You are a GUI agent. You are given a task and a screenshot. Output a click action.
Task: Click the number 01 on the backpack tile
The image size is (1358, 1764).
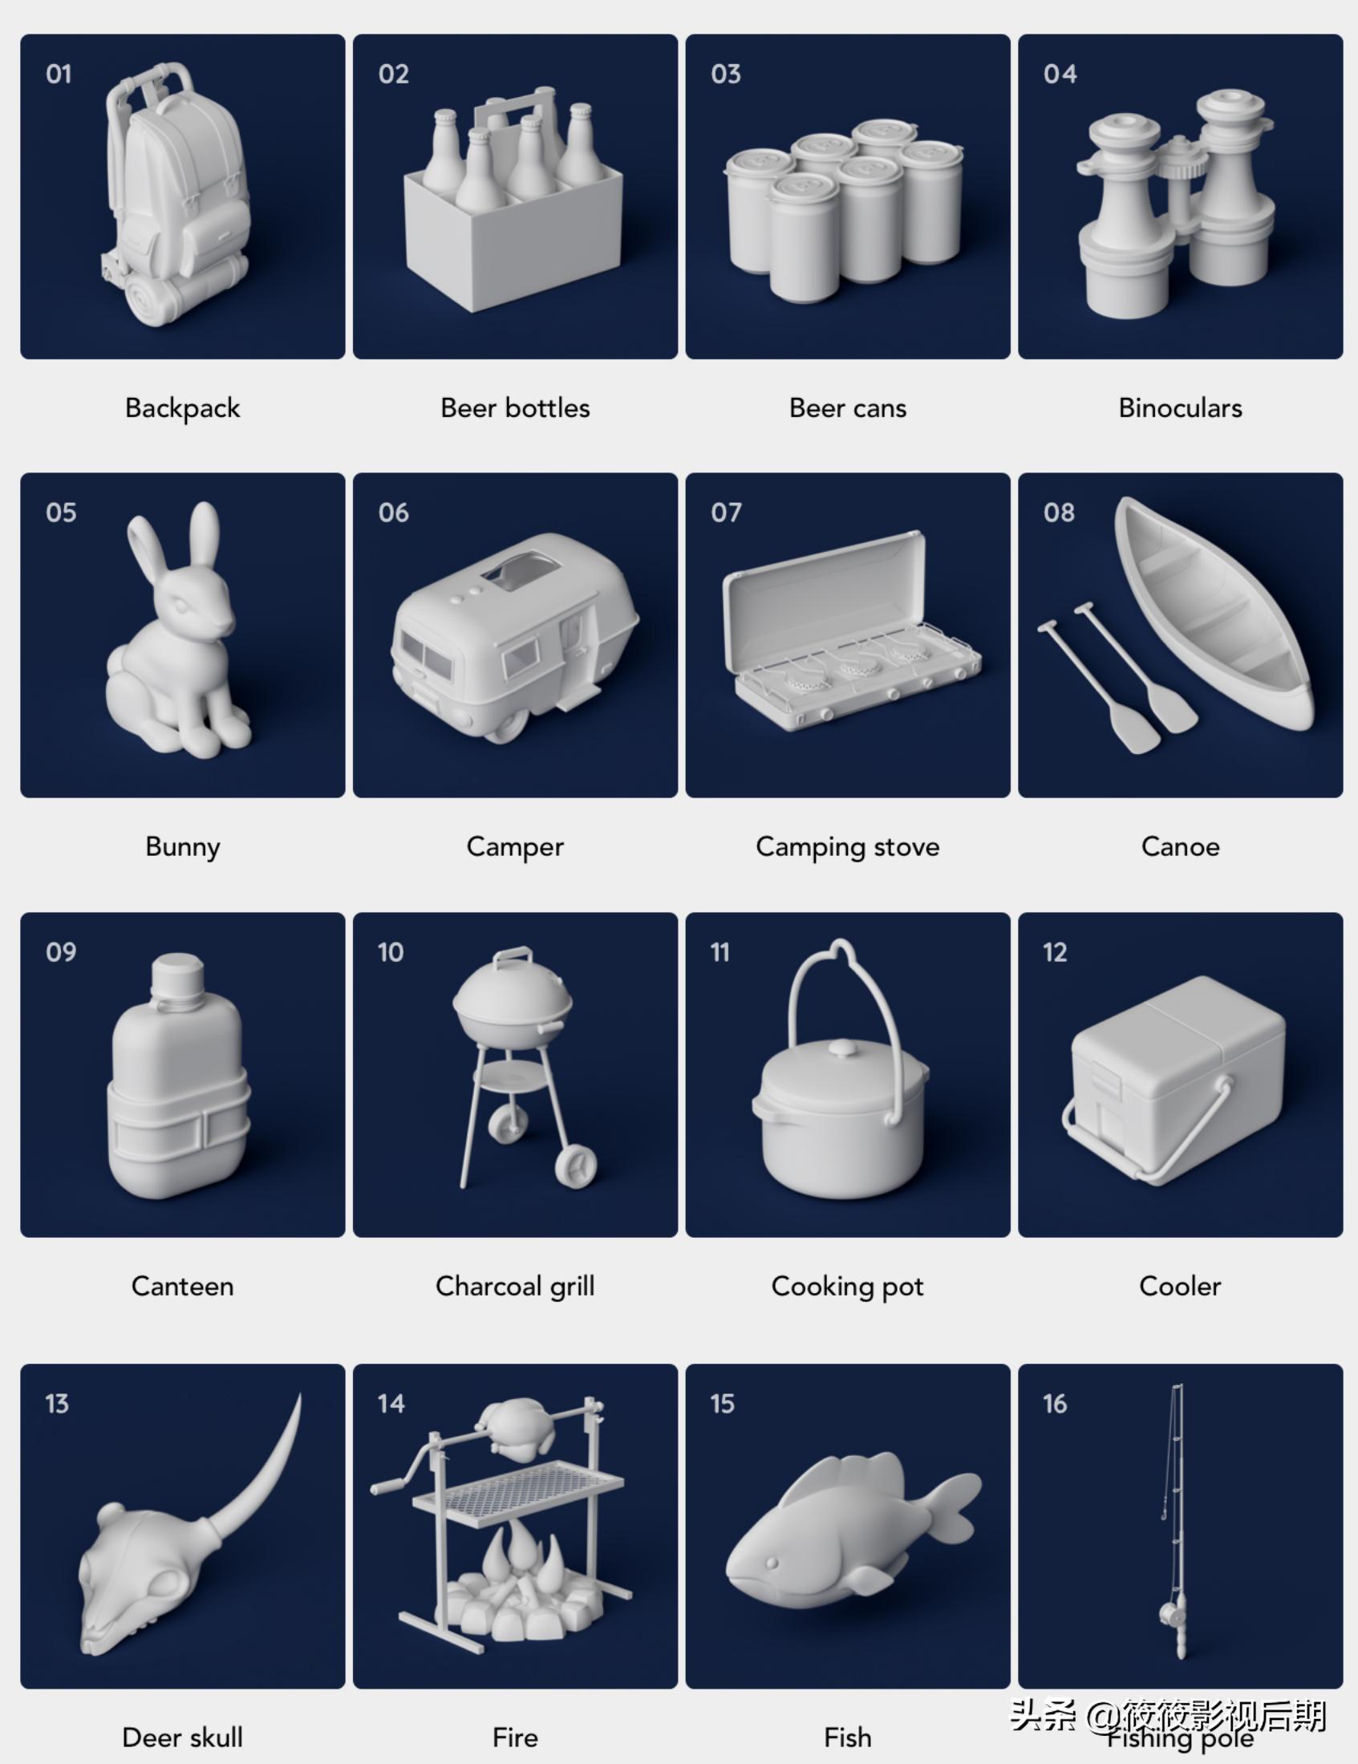click(x=59, y=75)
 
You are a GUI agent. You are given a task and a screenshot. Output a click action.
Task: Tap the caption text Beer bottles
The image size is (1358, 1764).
click(x=515, y=408)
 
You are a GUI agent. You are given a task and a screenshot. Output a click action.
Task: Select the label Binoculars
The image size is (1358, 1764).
click(x=1179, y=408)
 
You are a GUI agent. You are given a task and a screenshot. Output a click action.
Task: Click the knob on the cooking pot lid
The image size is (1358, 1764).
click(x=842, y=1048)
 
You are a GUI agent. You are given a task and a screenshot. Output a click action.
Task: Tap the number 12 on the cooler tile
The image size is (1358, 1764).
click(x=1054, y=952)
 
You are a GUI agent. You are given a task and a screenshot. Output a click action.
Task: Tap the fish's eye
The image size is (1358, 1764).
click(x=772, y=1563)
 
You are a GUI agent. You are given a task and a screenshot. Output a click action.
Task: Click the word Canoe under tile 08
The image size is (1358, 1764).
click(x=1179, y=846)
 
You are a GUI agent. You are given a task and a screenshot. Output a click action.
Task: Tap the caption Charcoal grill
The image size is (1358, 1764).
click(x=515, y=1286)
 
